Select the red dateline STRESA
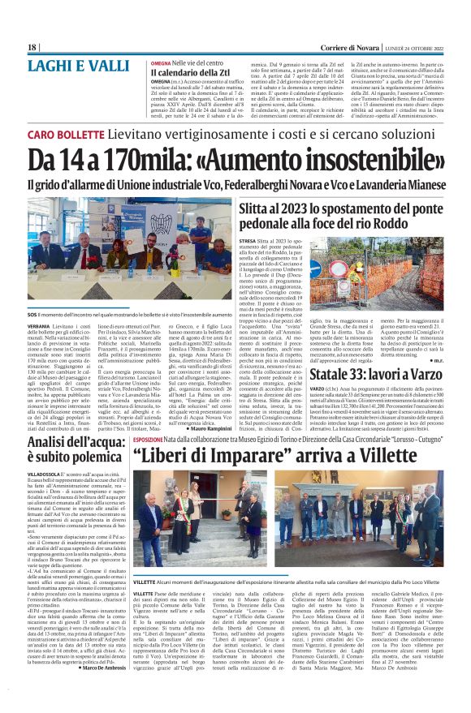tap(250, 242)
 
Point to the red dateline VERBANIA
tap(41, 326)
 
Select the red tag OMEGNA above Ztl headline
tap(161, 62)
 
